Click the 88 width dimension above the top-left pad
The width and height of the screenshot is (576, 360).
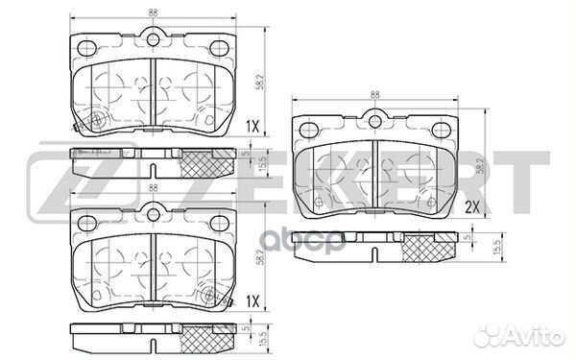(x=154, y=12)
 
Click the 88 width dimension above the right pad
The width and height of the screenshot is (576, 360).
(x=374, y=94)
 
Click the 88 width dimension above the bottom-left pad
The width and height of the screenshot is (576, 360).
(x=154, y=188)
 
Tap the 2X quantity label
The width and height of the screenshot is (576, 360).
(x=472, y=208)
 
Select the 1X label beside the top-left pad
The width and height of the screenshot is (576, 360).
(x=252, y=127)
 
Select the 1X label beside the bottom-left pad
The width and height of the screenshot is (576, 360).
(x=252, y=302)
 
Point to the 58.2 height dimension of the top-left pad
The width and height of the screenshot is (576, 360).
(x=260, y=82)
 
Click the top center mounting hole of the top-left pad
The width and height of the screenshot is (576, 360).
(x=154, y=39)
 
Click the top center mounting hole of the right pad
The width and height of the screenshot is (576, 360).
(x=374, y=122)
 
